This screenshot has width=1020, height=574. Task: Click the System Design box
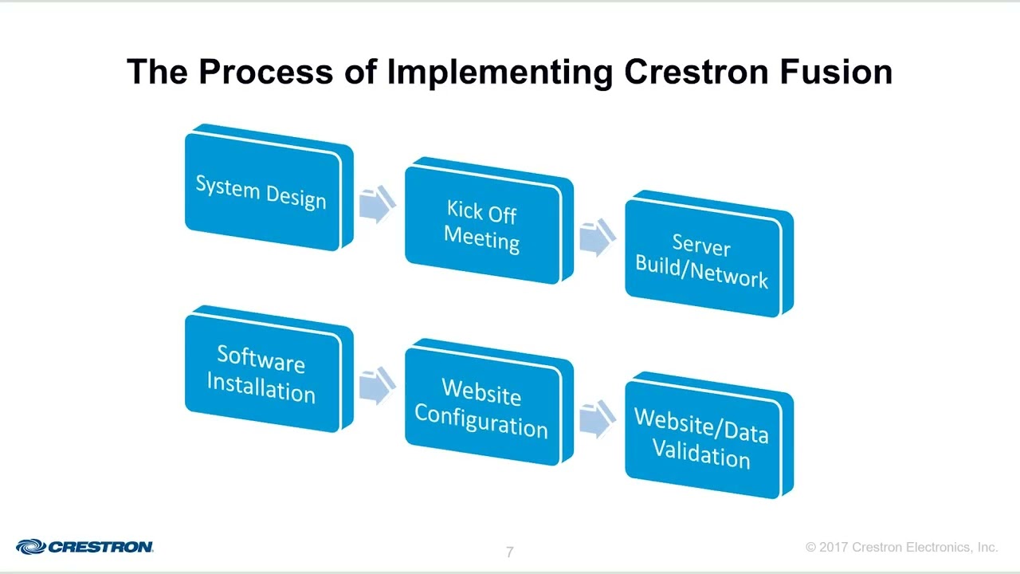tap(263, 191)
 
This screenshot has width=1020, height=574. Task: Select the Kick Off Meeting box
tap(483, 225)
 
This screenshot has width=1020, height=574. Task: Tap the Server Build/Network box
tap(703, 258)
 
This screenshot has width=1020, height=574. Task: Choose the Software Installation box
tap(263, 374)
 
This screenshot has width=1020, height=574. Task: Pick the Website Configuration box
tap(483, 407)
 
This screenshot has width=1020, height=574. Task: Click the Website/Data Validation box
tap(703, 439)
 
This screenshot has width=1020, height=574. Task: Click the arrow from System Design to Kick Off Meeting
tap(376, 205)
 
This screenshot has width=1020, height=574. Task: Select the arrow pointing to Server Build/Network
tap(596, 238)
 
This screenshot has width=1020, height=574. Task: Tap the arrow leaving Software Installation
tap(376, 387)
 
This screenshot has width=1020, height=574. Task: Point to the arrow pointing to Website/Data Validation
tap(596, 419)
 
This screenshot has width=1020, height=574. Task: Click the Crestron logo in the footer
tap(85, 547)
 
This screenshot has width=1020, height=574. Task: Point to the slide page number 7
tap(510, 552)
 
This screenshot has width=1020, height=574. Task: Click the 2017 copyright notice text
tap(901, 548)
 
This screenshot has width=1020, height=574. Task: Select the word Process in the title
tap(266, 72)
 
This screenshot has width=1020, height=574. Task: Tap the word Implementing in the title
tap(500, 72)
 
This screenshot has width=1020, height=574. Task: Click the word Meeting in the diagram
tap(482, 239)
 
